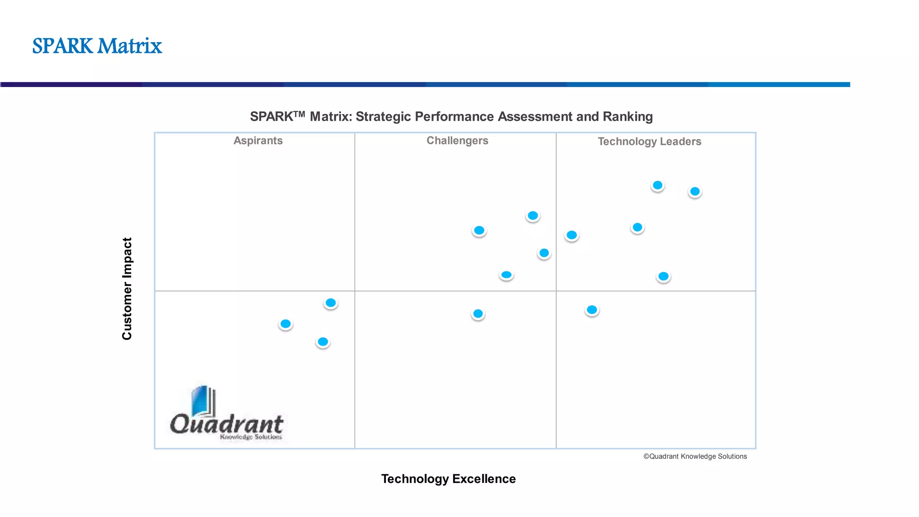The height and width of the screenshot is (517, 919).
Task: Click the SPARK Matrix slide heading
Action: tap(97, 46)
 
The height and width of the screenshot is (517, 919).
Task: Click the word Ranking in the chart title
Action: tap(627, 117)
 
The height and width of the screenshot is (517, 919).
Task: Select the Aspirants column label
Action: tap(258, 140)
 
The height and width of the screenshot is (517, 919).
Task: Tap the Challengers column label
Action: tap(457, 140)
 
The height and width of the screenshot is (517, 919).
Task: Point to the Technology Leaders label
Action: tap(649, 141)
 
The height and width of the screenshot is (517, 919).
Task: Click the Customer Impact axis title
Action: tap(127, 289)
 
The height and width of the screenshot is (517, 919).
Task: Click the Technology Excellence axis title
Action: tap(448, 479)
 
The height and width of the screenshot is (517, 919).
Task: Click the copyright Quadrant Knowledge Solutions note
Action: tap(695, 456)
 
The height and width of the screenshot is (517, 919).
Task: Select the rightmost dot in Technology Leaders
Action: tap(695, 192)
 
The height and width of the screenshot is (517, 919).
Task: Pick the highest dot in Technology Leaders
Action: tap(657, 185)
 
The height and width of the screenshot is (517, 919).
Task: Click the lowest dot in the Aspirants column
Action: tap(323, 342)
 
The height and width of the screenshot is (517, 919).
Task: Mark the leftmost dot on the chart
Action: tap(285, 324)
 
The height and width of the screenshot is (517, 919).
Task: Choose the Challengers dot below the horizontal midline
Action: tap(478, 314)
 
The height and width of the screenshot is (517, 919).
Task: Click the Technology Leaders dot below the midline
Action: tap(592, 310)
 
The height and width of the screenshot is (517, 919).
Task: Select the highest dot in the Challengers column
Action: tap(533, 216)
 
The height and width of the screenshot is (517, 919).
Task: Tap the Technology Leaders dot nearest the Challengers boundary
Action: tap(571, 235)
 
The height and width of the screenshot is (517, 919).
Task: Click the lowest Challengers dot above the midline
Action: tap(506, 275)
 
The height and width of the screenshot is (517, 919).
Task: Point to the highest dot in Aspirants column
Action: tap(331, 303)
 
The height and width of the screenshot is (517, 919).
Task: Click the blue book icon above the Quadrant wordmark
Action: tap(203, 401)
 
